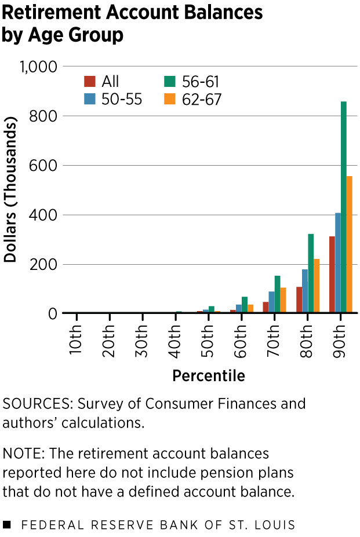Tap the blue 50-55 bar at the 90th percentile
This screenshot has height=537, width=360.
point(338,263)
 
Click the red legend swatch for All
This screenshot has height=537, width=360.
point(90,81)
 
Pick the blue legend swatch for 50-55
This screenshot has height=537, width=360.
point(90,99)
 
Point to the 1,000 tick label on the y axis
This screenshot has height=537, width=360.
point(39,67)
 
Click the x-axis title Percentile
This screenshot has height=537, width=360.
point(209,376)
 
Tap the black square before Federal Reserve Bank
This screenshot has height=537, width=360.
point(7,525)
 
